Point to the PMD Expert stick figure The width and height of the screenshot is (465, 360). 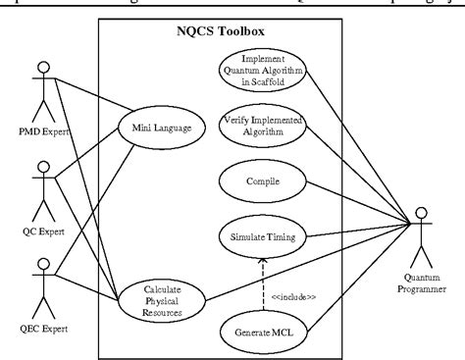(42, 84)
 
